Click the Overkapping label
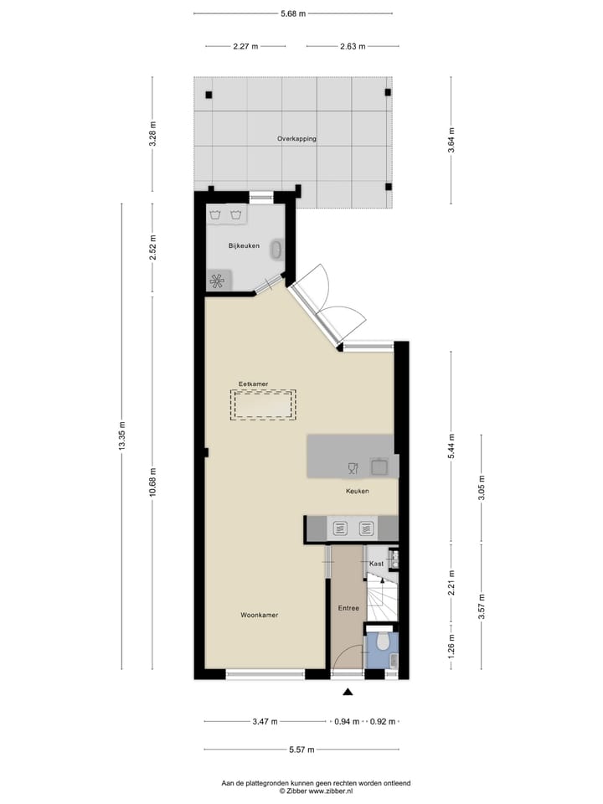point(296,139)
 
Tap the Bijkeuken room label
point(244,245)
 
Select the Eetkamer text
point(253,384)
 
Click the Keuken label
point(358,492)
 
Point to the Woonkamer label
point(259,615)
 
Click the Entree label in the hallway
point(348,608)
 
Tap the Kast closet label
point(376,564)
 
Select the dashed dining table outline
point(264,405)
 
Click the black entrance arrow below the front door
point(348,692)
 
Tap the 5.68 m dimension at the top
point(292,13)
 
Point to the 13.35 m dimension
point(122,435)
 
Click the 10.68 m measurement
point(152,482)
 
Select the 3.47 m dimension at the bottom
point(265,721)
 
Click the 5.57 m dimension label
point(301,750)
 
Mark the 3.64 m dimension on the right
point(451,139)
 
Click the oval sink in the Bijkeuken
point(277,249)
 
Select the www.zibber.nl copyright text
point(315,791)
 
